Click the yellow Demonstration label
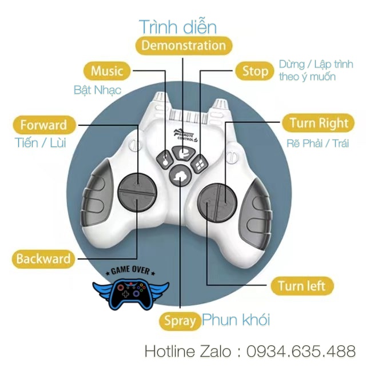tap(183, 46)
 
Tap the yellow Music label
tap(107, 71)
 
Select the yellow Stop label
tap(254, 71)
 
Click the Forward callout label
tap(43, 125)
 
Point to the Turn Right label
tap(319, 123)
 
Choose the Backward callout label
tap(43, 258)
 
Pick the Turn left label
tap(306, 285)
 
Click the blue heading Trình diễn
tap(178, 26)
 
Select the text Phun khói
tap(236, 320)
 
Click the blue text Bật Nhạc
tap(97, 90)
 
